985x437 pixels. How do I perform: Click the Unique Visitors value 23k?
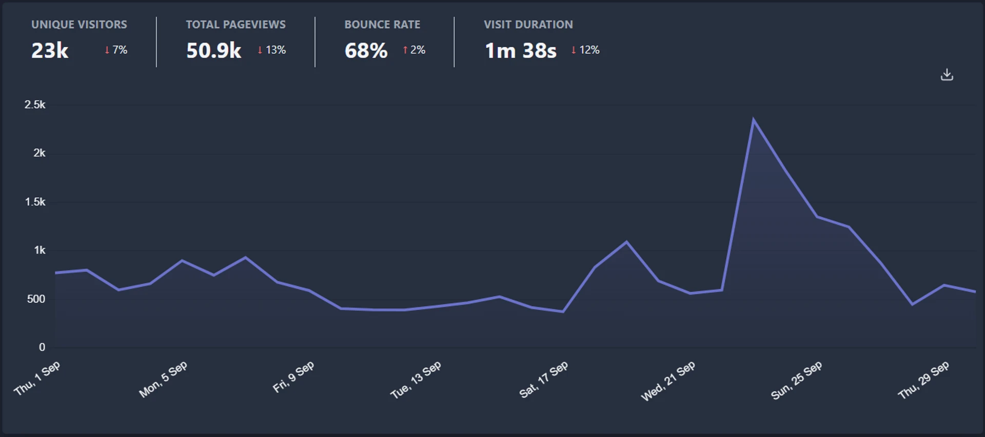pyautogui.click(x=50, y=51)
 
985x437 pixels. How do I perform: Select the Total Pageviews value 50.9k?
pyautogui.click(x=213, y=51)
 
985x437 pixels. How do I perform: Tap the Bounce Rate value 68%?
pyautogui.click(x=366, y=51)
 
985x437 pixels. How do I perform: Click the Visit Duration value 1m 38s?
pyautogui.click(x=520, y=51)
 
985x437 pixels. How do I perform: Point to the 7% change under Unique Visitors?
pyautogui.click(x=116, y=50)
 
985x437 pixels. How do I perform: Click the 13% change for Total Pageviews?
pyautogui.click(x=272, y=50)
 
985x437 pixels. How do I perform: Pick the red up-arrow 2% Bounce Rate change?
pyautogui.click(x=414, y=50)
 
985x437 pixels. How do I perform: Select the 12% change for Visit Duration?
pyautogui.click(x=585, y=50)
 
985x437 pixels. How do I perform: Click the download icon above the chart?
pyautogui.click(x=947, y=75)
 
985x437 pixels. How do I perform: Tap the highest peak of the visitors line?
pyautogui.click(x=753, y=120)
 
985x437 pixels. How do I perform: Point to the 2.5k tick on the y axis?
pyautogui.click(x=35, y=105)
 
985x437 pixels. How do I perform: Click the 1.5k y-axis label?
pyautogui.click(x=35, y=202)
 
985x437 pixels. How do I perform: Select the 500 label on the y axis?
pyautogui.click(x=36, y=299)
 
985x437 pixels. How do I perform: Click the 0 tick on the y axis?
pyautogui.click(x=42, y=347)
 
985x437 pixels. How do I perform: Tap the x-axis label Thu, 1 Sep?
pyautogui.click(x=37, y=378)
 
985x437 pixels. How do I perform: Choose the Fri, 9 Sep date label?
pyautogui.click(x=293, y=377)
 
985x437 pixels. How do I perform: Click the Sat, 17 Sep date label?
pyautogui.click(x=544, y=380)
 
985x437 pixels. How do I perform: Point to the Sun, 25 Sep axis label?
pyautogui.click(x=796, y=380)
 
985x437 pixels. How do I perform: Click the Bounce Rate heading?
pyautogui.click(x=382, y=25)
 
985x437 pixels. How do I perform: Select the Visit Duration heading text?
pyautogui.click(x=528, y=25)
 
